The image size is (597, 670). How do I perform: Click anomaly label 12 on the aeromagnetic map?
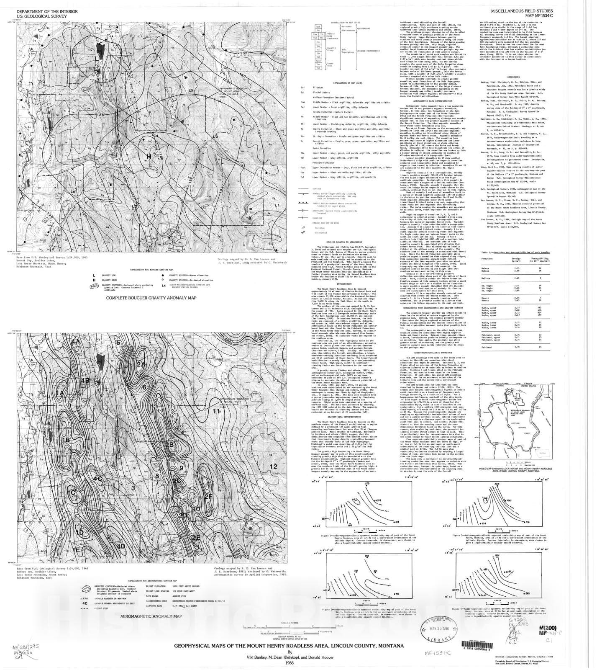tap(274, 466)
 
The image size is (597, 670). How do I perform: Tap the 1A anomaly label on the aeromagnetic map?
tap(60, 393)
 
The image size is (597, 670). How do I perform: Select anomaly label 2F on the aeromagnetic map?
tap(209, 497)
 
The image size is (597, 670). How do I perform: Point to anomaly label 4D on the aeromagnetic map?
tap(121, 546)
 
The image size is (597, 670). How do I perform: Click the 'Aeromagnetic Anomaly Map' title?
tap(151, 617)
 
